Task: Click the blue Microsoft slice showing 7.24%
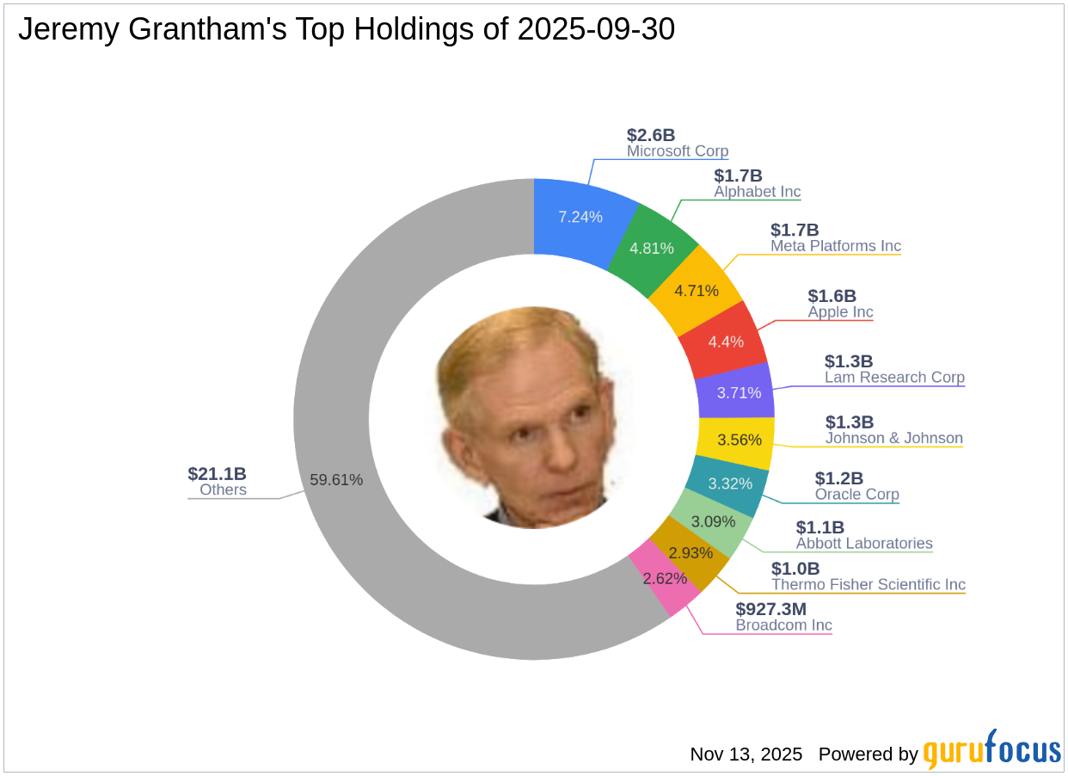(580, 217)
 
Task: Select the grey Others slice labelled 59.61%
(336, 479)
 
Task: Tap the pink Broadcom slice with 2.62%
(664, 578)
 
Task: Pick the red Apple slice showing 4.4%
(725, 342)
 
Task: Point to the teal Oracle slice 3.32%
(730, 483)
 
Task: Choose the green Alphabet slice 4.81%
(651, 249)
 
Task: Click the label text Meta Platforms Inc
(835, 246)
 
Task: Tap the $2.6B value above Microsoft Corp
(651, 135)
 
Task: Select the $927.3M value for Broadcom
(770, 609)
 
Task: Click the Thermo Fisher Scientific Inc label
(868, 585)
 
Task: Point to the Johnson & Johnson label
(893, 439)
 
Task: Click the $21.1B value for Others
(217, 474)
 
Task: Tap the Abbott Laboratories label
(863, 544)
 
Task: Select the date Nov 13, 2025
(746, 754)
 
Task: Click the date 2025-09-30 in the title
(596, 30)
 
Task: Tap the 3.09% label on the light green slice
(714, 521)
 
